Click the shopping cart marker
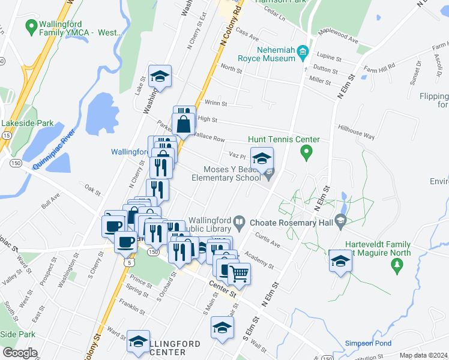coord(239,274)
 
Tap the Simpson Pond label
coord(368,344)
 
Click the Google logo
coord(19,353)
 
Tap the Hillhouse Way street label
coord(356,132)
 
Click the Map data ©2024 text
coord(423,355)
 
